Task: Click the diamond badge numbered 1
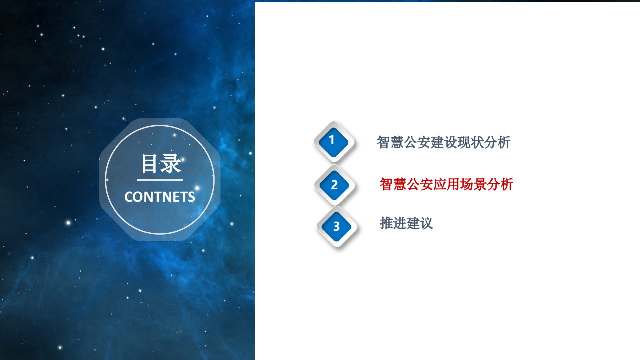pyautogui.click(x=333, y=141)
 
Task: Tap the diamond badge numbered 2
pyautogui.click(x=334, y=185)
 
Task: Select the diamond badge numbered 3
pyautogui.click(x=336, y=227)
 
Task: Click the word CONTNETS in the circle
pyautogui.click(x=160, y=197)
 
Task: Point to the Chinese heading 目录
pyautogui.click(x=160, y=164)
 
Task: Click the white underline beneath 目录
pyautogui.click(x=160, y=179)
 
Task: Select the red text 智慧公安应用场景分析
pyautogui.click(x=446, y=184)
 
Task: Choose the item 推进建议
pyautogui.click(x=406, y=223)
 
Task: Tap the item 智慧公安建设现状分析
pyautogui.click(x=444, y=142)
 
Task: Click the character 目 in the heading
pyautogui.click(x=150, y=164)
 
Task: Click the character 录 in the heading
pyautogui.click(x=171, y=164)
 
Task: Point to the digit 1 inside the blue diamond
pyautogui.click(x=332, y=141)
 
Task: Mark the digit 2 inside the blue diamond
pyautogui.click(x=334, y=185)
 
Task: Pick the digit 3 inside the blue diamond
pyautogui.click(x=336, y=227)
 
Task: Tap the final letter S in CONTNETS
pyautogui.click(x=191, y=197)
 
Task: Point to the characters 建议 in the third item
pyautogui.click(x=420, y=223)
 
